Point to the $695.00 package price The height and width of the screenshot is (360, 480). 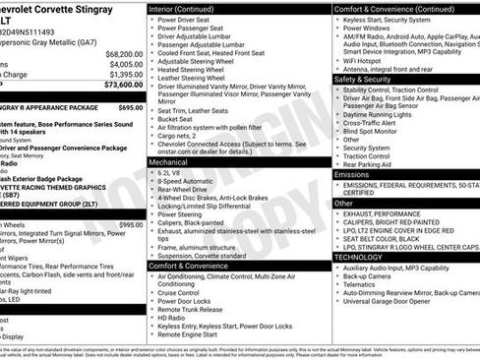tap(130, 107)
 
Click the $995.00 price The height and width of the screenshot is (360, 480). tap(130, 224)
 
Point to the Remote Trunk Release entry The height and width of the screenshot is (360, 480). tap(194, 310)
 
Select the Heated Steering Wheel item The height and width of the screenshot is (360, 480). tap(194, 70)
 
